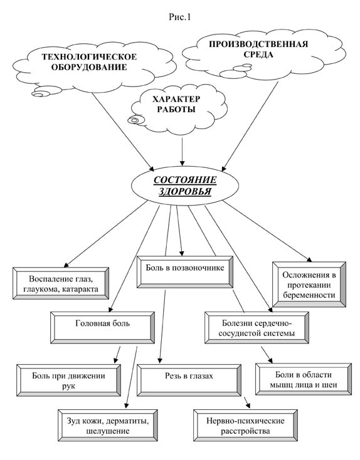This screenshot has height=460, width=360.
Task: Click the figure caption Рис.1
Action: (180, 17)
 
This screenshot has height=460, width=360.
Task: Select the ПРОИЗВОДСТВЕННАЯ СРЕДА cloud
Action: (263, 55)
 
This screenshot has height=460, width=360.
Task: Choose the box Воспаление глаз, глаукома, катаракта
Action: (61, 283)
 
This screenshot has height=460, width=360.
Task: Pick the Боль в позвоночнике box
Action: (185, 272)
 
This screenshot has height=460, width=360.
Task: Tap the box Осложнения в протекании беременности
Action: (309, 285)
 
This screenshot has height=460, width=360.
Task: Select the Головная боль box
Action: (102, 328)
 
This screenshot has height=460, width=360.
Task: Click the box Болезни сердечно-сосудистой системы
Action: (257, 328)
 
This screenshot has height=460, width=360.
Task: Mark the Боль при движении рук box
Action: (69, 380)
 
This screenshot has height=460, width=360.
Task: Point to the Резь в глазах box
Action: (189, 380)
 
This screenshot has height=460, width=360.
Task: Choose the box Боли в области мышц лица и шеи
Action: (304, 380)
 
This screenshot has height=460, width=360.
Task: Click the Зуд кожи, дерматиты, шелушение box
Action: (108, 426)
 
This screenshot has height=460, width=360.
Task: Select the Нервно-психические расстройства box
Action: (245, 426)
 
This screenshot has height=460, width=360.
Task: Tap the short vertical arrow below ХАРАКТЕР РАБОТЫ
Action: (183, 152)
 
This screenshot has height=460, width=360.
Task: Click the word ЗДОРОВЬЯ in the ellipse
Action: (185, 192)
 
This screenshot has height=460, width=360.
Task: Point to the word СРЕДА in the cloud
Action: (258, 55)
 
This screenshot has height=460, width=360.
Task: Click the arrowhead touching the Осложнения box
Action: (309, 259)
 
